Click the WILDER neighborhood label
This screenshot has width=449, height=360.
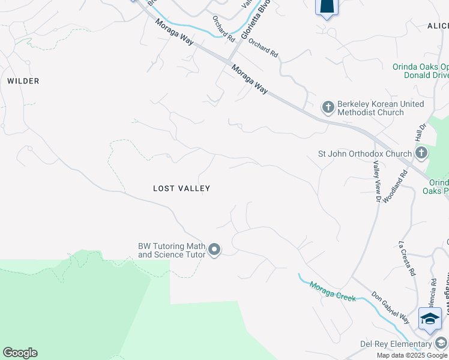pos(23,81)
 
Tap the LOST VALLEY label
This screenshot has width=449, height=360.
pos(181,188)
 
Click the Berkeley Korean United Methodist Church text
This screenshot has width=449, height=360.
pos(380,108)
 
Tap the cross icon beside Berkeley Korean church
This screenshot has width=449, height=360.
pos(328,107)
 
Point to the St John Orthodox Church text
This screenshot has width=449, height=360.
pos(364,154)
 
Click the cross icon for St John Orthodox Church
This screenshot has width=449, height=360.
pos(421,153)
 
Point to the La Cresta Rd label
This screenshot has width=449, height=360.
pos(407,259)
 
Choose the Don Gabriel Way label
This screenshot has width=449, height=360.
pos(390,308)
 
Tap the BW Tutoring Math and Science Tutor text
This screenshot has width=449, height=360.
pos(172,250)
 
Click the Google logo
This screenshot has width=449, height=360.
pos(20,353)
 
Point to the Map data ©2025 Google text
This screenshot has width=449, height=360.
pos(412,355)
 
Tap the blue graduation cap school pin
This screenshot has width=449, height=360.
pos(430,319)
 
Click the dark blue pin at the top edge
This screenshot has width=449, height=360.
pos(327,7)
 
